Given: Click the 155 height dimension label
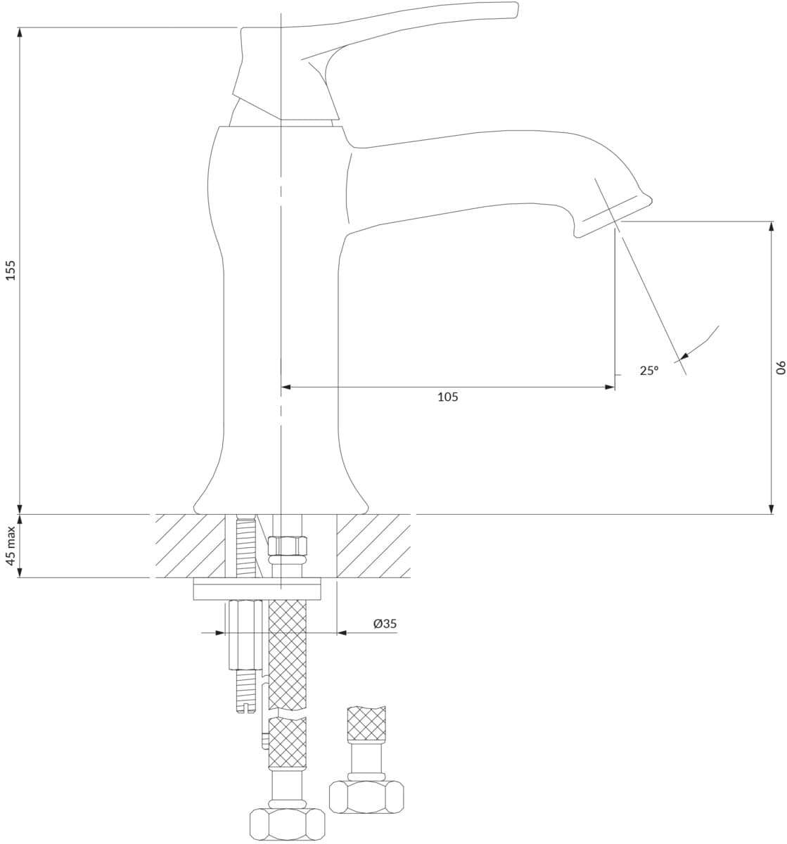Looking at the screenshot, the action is pyautogui.click(x=11, y=270).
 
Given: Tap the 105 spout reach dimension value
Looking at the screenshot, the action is pyautogui.click(x=448, y=397).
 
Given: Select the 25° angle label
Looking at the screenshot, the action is pyautogui.click(x=649, y=371).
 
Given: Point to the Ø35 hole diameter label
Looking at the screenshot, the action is pyautogui.click(x=385, y=623).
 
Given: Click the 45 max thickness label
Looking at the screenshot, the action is pyautogui.click(x=11, y=546).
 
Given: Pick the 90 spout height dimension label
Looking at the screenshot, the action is pyautogui.click(x=781, y=368).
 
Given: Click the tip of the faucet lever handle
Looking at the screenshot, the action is pyautogui.click(x=517, y=9).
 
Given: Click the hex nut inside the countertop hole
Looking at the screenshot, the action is pyautogui.click(x=288, y=546).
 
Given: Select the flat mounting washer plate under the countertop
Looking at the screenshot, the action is pyautogui.click(x=257, y=589).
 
